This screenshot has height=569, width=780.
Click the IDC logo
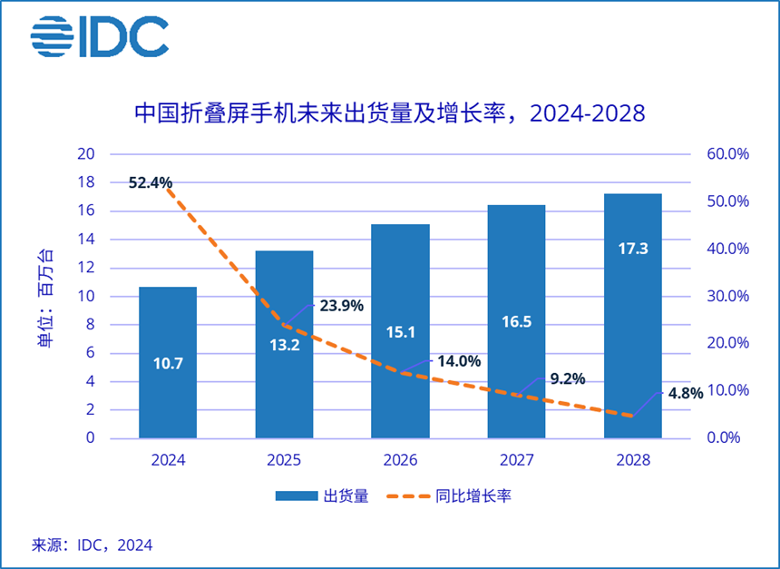coord(100,36)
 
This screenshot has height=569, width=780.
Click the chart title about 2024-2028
coord(390,113)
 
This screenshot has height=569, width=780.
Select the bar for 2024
coord(168,363)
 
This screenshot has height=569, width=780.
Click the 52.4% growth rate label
coord(151,182)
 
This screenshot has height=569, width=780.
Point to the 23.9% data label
coord(341,306)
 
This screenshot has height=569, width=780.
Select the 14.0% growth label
coord(458,360)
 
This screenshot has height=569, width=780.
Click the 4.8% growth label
coord(685,394)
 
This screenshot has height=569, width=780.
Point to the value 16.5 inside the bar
coord(516,321)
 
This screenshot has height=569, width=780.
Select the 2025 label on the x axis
coord(284,460)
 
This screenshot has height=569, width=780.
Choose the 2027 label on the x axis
coord(516,460)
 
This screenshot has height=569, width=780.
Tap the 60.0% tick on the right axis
coord(727,154)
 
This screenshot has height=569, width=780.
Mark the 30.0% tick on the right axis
coord(727,296)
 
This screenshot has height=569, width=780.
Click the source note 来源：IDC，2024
coord(93,545)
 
